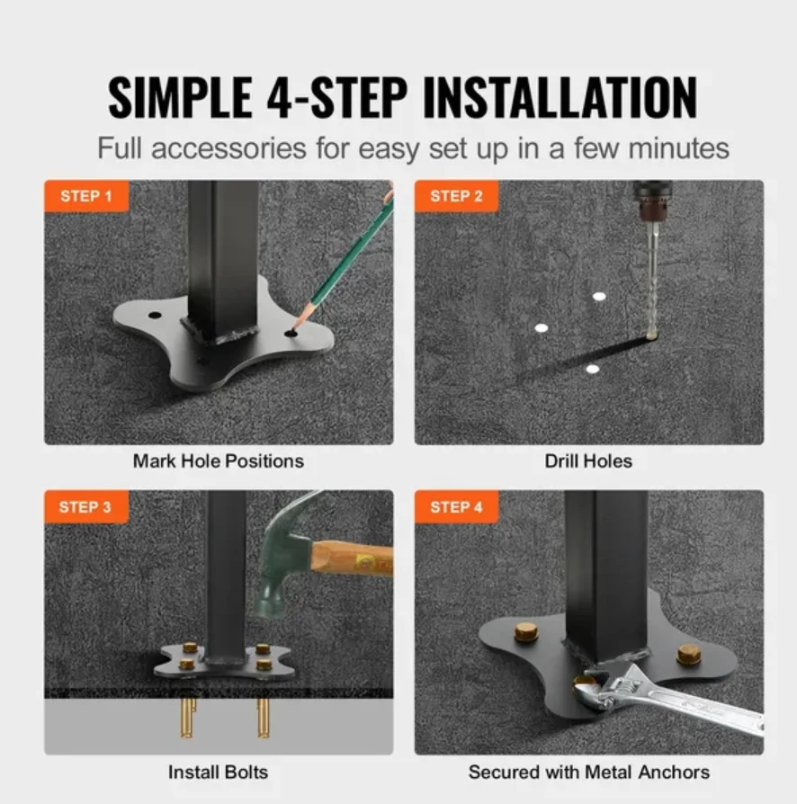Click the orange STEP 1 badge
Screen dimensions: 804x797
(x=86, y=196)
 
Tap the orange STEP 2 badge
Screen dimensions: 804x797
(x=456, y=196)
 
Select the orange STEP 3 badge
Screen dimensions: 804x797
(x=86, y=507)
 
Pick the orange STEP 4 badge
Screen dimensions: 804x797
(x=456, y=507)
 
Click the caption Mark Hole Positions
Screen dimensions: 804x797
(x=219, y=461)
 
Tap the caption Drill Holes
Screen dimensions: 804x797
(x=588, y=461)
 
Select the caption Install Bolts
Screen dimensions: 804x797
(x=219, y=772)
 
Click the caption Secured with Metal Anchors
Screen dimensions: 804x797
(x=588, y=772)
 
